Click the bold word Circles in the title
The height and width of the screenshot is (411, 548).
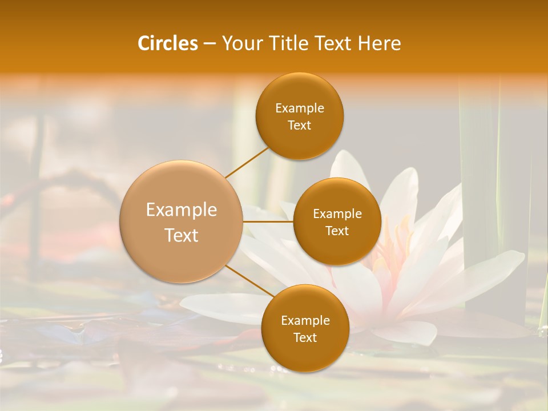click(168, 43)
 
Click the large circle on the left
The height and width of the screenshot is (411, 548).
click(181, 221)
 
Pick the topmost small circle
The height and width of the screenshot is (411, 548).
click(299, 116)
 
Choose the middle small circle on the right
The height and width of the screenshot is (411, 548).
click(337, 221)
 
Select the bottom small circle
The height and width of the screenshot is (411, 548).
click(305, 328)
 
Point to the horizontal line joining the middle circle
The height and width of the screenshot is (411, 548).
click(268, 221)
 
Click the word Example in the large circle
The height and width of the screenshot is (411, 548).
click(181, 210)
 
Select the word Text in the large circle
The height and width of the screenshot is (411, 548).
click(181, 235)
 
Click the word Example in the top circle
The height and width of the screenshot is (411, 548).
click(299, 108)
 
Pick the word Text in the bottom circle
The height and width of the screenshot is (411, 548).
click(305, 337)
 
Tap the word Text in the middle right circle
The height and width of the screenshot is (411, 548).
click(337, 231)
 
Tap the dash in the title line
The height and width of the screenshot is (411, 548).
click(209, 43)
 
